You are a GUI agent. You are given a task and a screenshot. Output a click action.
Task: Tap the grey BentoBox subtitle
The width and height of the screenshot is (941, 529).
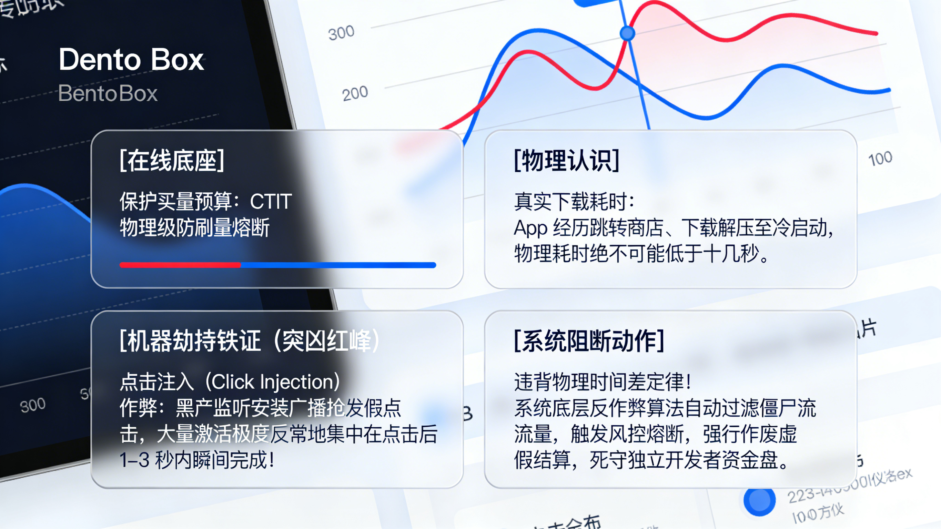(x=108, y=93)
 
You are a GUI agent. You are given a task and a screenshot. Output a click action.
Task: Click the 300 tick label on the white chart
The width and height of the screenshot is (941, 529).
(x=341, y=33)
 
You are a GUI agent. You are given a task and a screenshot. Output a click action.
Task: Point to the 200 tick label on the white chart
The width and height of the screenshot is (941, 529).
(x=355, y=93)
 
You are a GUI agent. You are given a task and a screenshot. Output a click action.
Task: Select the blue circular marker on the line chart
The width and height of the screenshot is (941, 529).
(x=627, y=33)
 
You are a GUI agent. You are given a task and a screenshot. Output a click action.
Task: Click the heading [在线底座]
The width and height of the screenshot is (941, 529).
(x=172, y=161)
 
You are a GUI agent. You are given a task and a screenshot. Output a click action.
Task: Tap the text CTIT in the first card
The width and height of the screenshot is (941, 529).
(x=271, y=201)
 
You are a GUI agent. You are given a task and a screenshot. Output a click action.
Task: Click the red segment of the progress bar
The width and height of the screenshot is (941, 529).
(x=180, y=265)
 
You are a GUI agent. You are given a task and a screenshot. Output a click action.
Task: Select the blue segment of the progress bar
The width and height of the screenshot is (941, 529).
(x=338, y=265)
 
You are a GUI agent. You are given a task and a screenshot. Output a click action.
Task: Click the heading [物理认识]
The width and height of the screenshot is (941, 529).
(x=567, y=161)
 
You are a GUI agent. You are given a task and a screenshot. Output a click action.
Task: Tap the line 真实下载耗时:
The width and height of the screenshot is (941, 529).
(x=574, y=201)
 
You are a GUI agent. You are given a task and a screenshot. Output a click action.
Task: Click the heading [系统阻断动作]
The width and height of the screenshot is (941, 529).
(x=589, y=341)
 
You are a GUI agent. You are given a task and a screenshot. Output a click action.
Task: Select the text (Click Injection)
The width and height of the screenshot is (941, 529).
(x=273, y=382)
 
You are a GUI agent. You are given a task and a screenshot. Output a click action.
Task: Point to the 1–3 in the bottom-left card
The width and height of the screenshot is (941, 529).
(x=134, y=460)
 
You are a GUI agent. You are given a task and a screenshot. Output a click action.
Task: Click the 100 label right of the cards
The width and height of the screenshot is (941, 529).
(x=880, y=159)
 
